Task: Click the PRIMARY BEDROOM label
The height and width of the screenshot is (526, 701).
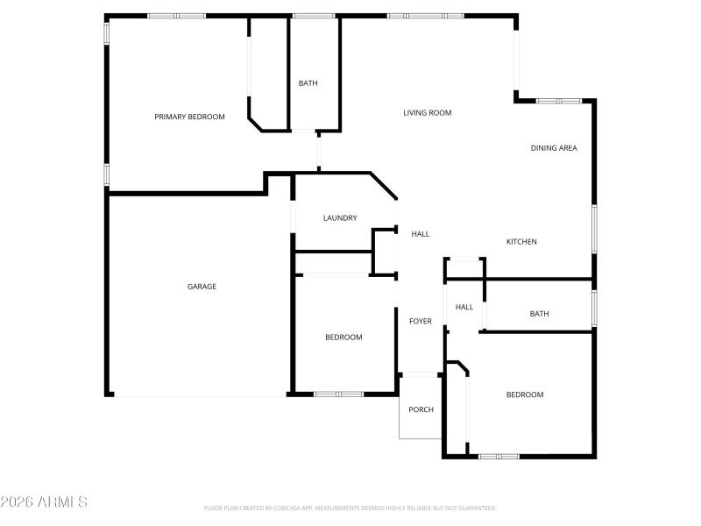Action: pos(189,117)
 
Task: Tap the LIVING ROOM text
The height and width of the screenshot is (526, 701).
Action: pos(427,112)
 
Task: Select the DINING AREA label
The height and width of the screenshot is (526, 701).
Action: pos(554,148)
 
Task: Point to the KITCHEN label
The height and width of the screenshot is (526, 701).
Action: pos(521,242)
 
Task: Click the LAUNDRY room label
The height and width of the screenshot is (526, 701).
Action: pos(340,218)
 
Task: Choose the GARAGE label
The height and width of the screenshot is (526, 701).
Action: pos(202,287)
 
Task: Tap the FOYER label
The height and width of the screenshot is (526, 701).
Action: pos(421,322)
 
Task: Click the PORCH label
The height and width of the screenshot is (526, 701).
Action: pos(421,409)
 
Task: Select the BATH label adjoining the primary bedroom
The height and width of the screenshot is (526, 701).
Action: pos(308,83)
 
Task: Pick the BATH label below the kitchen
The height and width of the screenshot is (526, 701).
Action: pos(539,314)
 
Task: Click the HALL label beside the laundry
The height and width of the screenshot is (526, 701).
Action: pos(421,234)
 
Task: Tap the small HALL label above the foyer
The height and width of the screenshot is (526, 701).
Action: pos(464,307)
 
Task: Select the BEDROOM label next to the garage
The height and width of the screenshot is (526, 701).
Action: pos(343,338)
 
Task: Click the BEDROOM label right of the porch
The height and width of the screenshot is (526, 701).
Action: pos(525,394)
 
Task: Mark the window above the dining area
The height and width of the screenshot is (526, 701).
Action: pos(559,101)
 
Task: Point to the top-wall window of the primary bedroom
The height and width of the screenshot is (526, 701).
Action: pos(176,16)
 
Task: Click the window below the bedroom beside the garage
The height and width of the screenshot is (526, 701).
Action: pos(338,394)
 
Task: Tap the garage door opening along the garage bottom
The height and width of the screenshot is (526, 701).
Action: pos(200,395)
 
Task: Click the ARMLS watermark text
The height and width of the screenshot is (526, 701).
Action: pos(44,502)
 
